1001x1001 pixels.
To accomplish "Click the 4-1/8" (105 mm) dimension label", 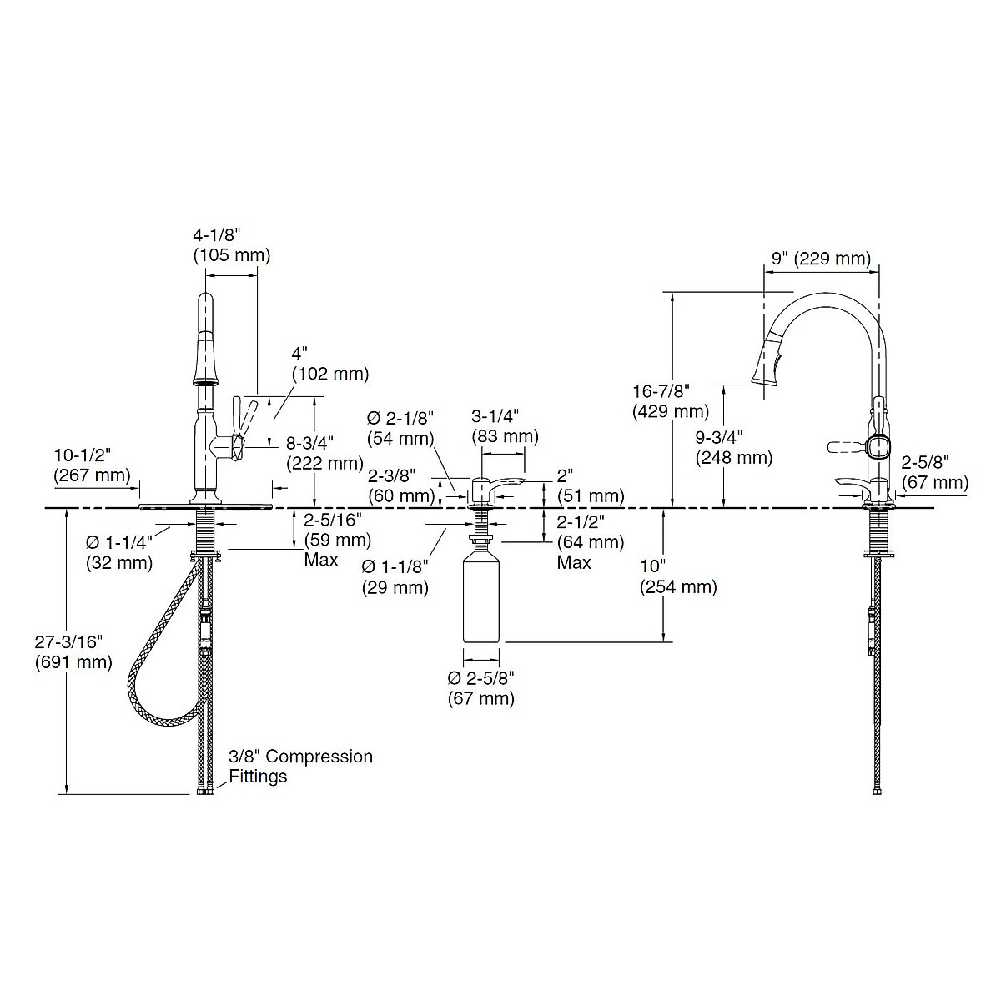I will [231, 245].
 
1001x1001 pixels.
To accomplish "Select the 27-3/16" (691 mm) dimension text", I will [73, 652].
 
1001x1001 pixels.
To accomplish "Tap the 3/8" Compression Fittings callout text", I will [300, 767].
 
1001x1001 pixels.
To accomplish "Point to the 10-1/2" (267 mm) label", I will [92, 465].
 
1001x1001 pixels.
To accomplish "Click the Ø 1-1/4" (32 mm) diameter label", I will [119, 552].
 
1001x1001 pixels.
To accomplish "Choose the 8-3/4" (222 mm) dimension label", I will [325, 453].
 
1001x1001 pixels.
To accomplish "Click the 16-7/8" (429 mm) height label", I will [671, 401].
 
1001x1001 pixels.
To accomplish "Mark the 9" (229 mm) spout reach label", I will [820, 259].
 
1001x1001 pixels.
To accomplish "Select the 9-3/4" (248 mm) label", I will [734, 447].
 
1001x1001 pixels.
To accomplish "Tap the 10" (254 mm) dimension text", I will [677, 576].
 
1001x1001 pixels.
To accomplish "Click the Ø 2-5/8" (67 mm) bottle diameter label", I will [481, 687].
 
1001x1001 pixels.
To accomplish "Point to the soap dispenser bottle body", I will [481, 601].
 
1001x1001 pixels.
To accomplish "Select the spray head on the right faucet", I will [769, 360].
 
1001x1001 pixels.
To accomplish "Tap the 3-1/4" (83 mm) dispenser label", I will [505, 425].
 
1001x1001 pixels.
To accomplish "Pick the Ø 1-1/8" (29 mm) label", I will [395, 576].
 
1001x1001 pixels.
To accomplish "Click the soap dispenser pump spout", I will [504, 486].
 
